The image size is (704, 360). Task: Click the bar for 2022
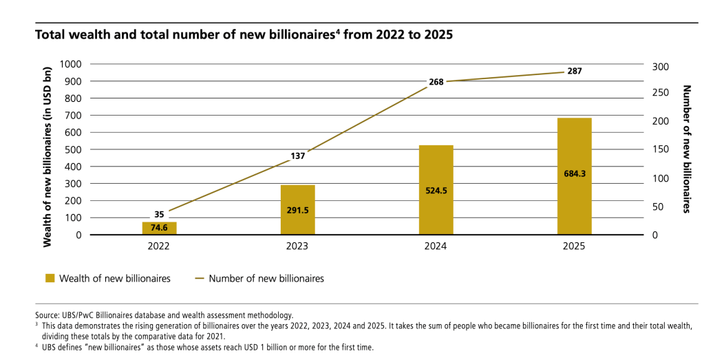pyautogui.click(x=160, y=228)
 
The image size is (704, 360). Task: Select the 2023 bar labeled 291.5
pyautogui.click(x=298, y=210)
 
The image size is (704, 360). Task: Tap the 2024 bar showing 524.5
pyautogui.click(x=436, y=190)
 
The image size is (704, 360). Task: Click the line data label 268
pyautogui.click(x=436, y=82)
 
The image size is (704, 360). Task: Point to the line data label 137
pyautogui.click(x=298, y=156)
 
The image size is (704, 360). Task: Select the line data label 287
pyautogui.click(x=575, y=71)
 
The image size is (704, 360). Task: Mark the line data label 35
pyautogui.click(x=159, y=214)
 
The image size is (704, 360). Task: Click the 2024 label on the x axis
pyautogui.click(x=436, y=246)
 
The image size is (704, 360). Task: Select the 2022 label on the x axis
pyautogui.click(x=160, y=246)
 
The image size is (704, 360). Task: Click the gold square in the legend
pyautogui.click(x=50, y=279)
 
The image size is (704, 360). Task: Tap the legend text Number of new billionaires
pyautogui.click(x=266, y=279)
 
